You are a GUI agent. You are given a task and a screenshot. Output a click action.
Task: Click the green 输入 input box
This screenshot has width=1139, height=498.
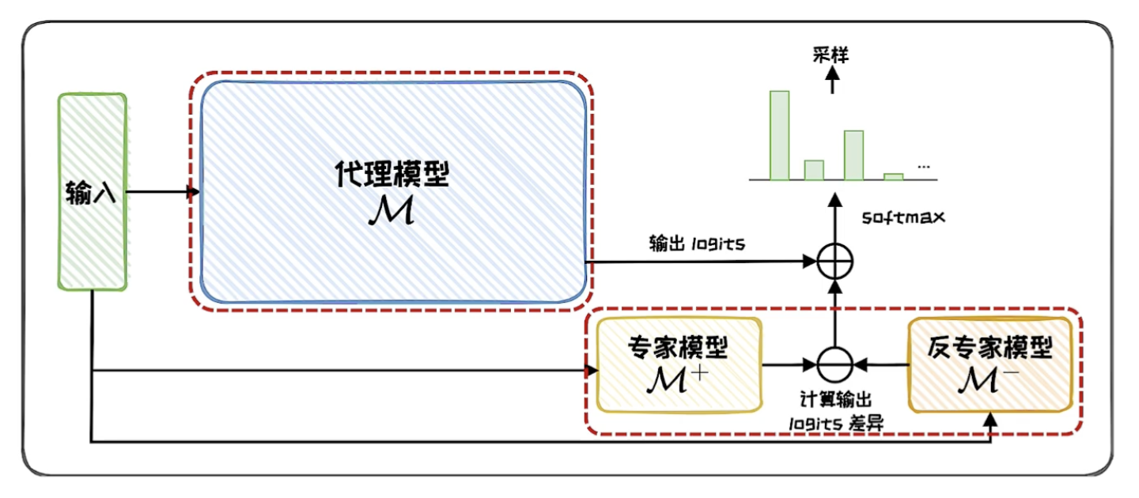tap(93, 191)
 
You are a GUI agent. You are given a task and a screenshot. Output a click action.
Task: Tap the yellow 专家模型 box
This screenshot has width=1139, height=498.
tap(678, 364)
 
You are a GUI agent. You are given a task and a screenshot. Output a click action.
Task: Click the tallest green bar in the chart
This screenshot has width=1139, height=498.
tap(779, 135)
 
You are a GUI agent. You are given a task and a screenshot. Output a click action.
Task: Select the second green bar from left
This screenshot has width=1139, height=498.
tap(814, 170)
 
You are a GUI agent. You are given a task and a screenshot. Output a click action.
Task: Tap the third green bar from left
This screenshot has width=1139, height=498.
tap(853, 155)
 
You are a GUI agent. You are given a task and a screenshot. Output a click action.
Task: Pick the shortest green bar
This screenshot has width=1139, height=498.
tap(893, 176)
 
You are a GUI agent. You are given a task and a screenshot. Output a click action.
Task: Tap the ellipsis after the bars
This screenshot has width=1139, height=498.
tap(924, 167)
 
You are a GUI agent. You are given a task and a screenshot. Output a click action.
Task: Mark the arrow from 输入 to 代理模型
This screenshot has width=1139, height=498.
tap(162, 191)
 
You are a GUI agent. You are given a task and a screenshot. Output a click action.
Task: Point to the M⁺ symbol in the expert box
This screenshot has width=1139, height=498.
tap(677, 381)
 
